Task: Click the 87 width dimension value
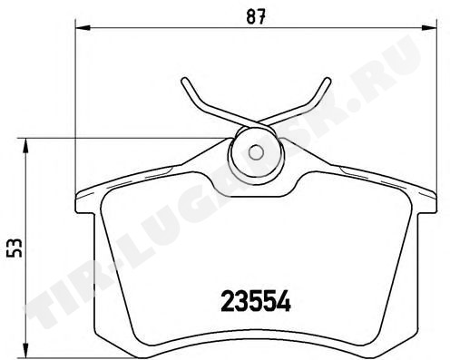[x=256, y=16]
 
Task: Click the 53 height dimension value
[x=15, y=248]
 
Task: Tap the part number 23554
[x=256, y=301]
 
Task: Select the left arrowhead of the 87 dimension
[x=83, y=28]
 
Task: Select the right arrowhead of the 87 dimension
[x=429, y=28]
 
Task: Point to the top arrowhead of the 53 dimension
[x=26, y=146]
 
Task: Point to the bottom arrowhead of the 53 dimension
[x=26, y=351]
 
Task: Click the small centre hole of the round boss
[x=256, y=152]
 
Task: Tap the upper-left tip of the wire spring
[x=184, y=81]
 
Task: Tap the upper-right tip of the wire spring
[x=328, y=81]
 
